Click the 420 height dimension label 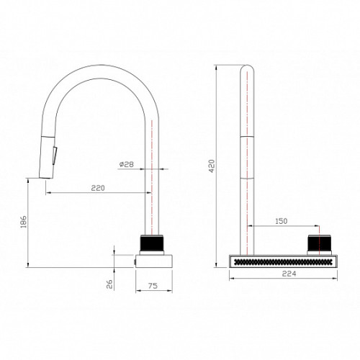point(212,166)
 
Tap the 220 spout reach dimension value point(98,188)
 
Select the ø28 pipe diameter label point(126,164)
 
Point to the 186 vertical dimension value point(23,222)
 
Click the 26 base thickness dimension point(109,284)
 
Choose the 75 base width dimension point(153,286)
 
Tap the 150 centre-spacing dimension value point(281,221)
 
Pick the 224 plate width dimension point(289,274)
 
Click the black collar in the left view point(152,243)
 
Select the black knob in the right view point(320,243)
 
